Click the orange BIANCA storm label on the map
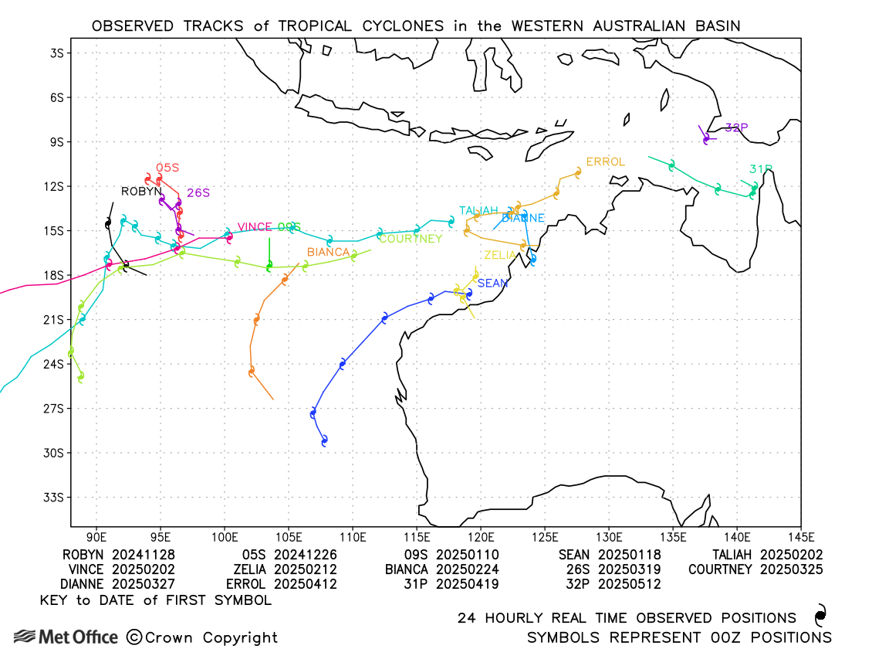pyautogui.click(x=329, y=252)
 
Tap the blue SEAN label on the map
pyautogui.click(x=492, y=284)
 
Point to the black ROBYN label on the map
pyautogui.click(x=141, y=192)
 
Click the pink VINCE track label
pyautogui.click(x=254, y=227)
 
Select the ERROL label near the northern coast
pyautogui.click(x=605, y=162)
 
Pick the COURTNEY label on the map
pyautogui.click(x=411, y=239)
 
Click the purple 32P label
pyautogui.click(x=736, y=127)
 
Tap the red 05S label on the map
pyautogui.click(x=167, y=167)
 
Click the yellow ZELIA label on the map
pyautogui.click(x=499, y=255)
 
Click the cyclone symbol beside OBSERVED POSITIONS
pyautogui.click(x=820, y=616)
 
